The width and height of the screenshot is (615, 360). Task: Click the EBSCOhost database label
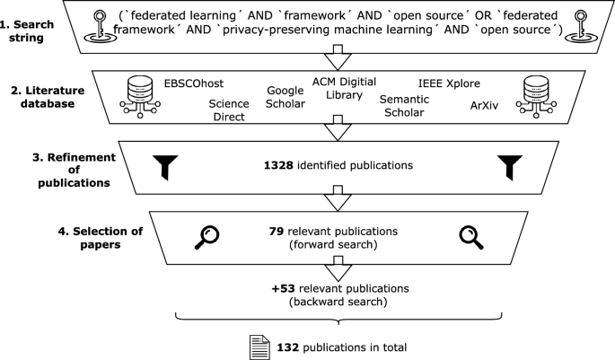[195, 83]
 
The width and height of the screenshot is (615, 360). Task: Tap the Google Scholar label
[286, 97]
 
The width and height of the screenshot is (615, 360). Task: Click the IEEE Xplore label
[450, 83]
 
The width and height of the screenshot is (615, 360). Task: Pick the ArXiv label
[488, 105]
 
